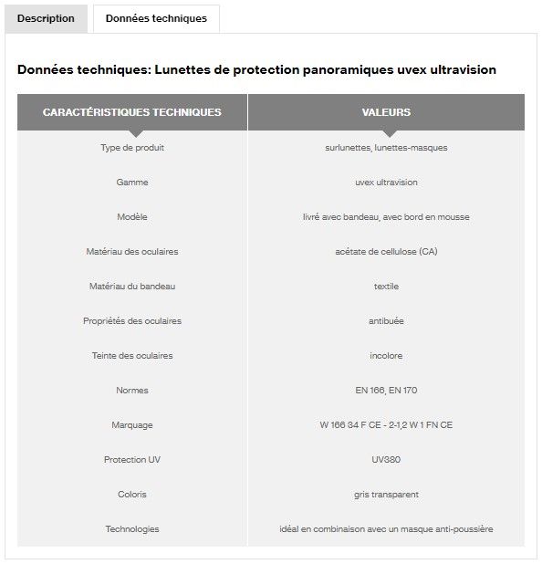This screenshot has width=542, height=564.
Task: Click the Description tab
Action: [46, 18]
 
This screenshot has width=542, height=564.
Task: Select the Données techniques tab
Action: [156, 18]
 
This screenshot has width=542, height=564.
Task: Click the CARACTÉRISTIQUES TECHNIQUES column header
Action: [132, 112]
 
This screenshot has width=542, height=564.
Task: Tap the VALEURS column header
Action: [386, 112]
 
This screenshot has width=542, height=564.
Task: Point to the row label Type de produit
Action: [132, 147]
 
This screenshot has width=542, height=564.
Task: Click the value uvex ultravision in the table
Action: [386, 182]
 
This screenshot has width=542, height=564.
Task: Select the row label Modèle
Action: [132, 216]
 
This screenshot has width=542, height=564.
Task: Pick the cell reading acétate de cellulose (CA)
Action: [386, 251]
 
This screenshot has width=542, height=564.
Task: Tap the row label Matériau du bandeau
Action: [132, 286]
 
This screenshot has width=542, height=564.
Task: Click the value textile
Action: [386, 286]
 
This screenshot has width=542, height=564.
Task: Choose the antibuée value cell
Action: [386, 320]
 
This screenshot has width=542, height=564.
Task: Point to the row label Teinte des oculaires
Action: [132, 355]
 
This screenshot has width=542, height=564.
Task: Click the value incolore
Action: [386, 355]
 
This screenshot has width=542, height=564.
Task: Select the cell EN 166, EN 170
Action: [386, 390]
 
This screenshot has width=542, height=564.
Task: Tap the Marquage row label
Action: [132, 424]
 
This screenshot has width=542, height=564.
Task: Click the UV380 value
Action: [386, 459]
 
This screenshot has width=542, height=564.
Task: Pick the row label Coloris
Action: [132, 494]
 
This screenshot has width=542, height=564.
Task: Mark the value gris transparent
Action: [386, 494]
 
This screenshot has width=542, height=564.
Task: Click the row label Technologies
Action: [132, 528]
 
